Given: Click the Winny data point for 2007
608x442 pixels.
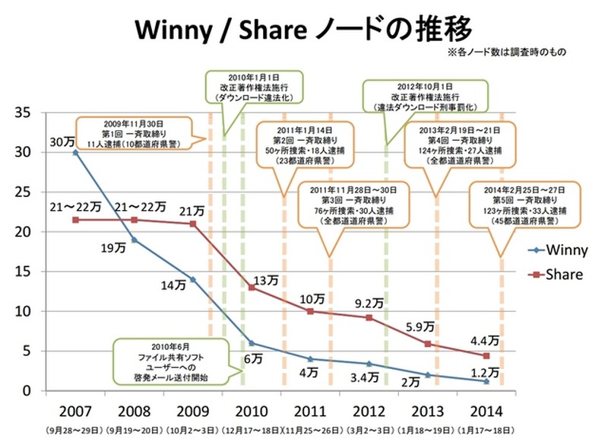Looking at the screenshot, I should (x=74, y=152).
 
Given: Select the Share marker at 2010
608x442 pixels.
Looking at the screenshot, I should (x=252, y=288).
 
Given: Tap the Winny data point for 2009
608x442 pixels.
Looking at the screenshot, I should (x=192, y=279).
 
